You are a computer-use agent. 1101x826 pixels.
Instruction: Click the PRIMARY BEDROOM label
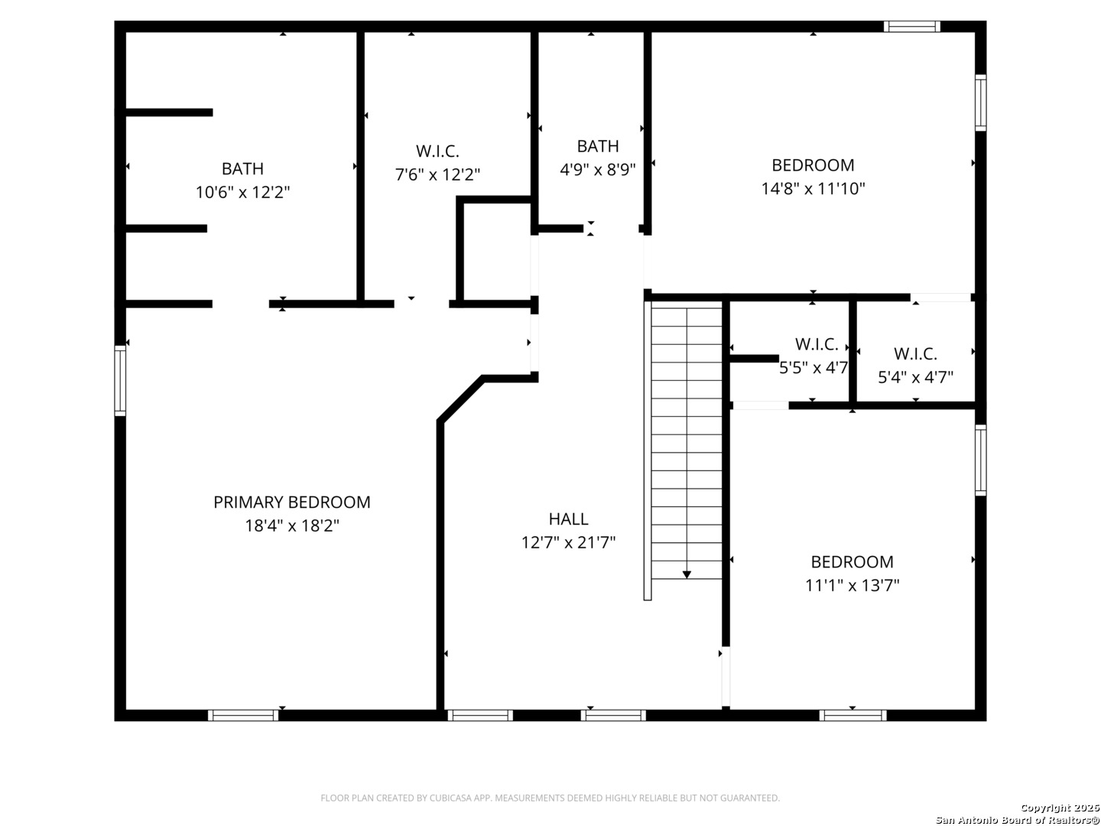click(291, 502)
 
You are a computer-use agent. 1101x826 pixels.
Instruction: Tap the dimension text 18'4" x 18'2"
click(292, 525)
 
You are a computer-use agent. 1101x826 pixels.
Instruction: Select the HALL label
click(568, 519)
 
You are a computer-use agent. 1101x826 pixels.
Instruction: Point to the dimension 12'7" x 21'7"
click(568, 542)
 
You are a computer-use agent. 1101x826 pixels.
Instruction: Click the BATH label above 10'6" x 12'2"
click(242, 168)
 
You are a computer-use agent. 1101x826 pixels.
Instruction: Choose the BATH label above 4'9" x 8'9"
click(597, 146)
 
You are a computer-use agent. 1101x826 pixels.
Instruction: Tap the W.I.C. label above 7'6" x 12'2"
click(437, 151)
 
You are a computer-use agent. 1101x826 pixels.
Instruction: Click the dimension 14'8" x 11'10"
click(813, 189)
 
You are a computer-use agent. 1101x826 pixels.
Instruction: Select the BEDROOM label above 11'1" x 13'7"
click(853, 561)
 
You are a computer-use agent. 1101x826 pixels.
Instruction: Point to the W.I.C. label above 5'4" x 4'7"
click(915, 353)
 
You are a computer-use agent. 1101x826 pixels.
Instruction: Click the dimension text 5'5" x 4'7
click(813, 368)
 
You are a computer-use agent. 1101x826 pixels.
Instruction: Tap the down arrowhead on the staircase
click(687, 574)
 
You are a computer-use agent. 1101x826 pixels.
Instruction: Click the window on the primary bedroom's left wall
click(120, 380)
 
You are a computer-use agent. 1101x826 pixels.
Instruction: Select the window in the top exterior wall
click(911, 27)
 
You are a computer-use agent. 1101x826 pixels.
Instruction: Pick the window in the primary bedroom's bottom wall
click(243, 715)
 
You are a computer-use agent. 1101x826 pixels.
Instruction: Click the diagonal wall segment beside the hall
click(460, 398)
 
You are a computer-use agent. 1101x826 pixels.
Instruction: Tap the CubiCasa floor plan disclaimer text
click(550, 798)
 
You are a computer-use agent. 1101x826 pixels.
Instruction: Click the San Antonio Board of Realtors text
click(1017, 819)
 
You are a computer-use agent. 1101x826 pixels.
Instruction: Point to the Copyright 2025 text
click(1059, 808)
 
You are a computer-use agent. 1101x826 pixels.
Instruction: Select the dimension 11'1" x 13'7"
click(853, 585)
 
